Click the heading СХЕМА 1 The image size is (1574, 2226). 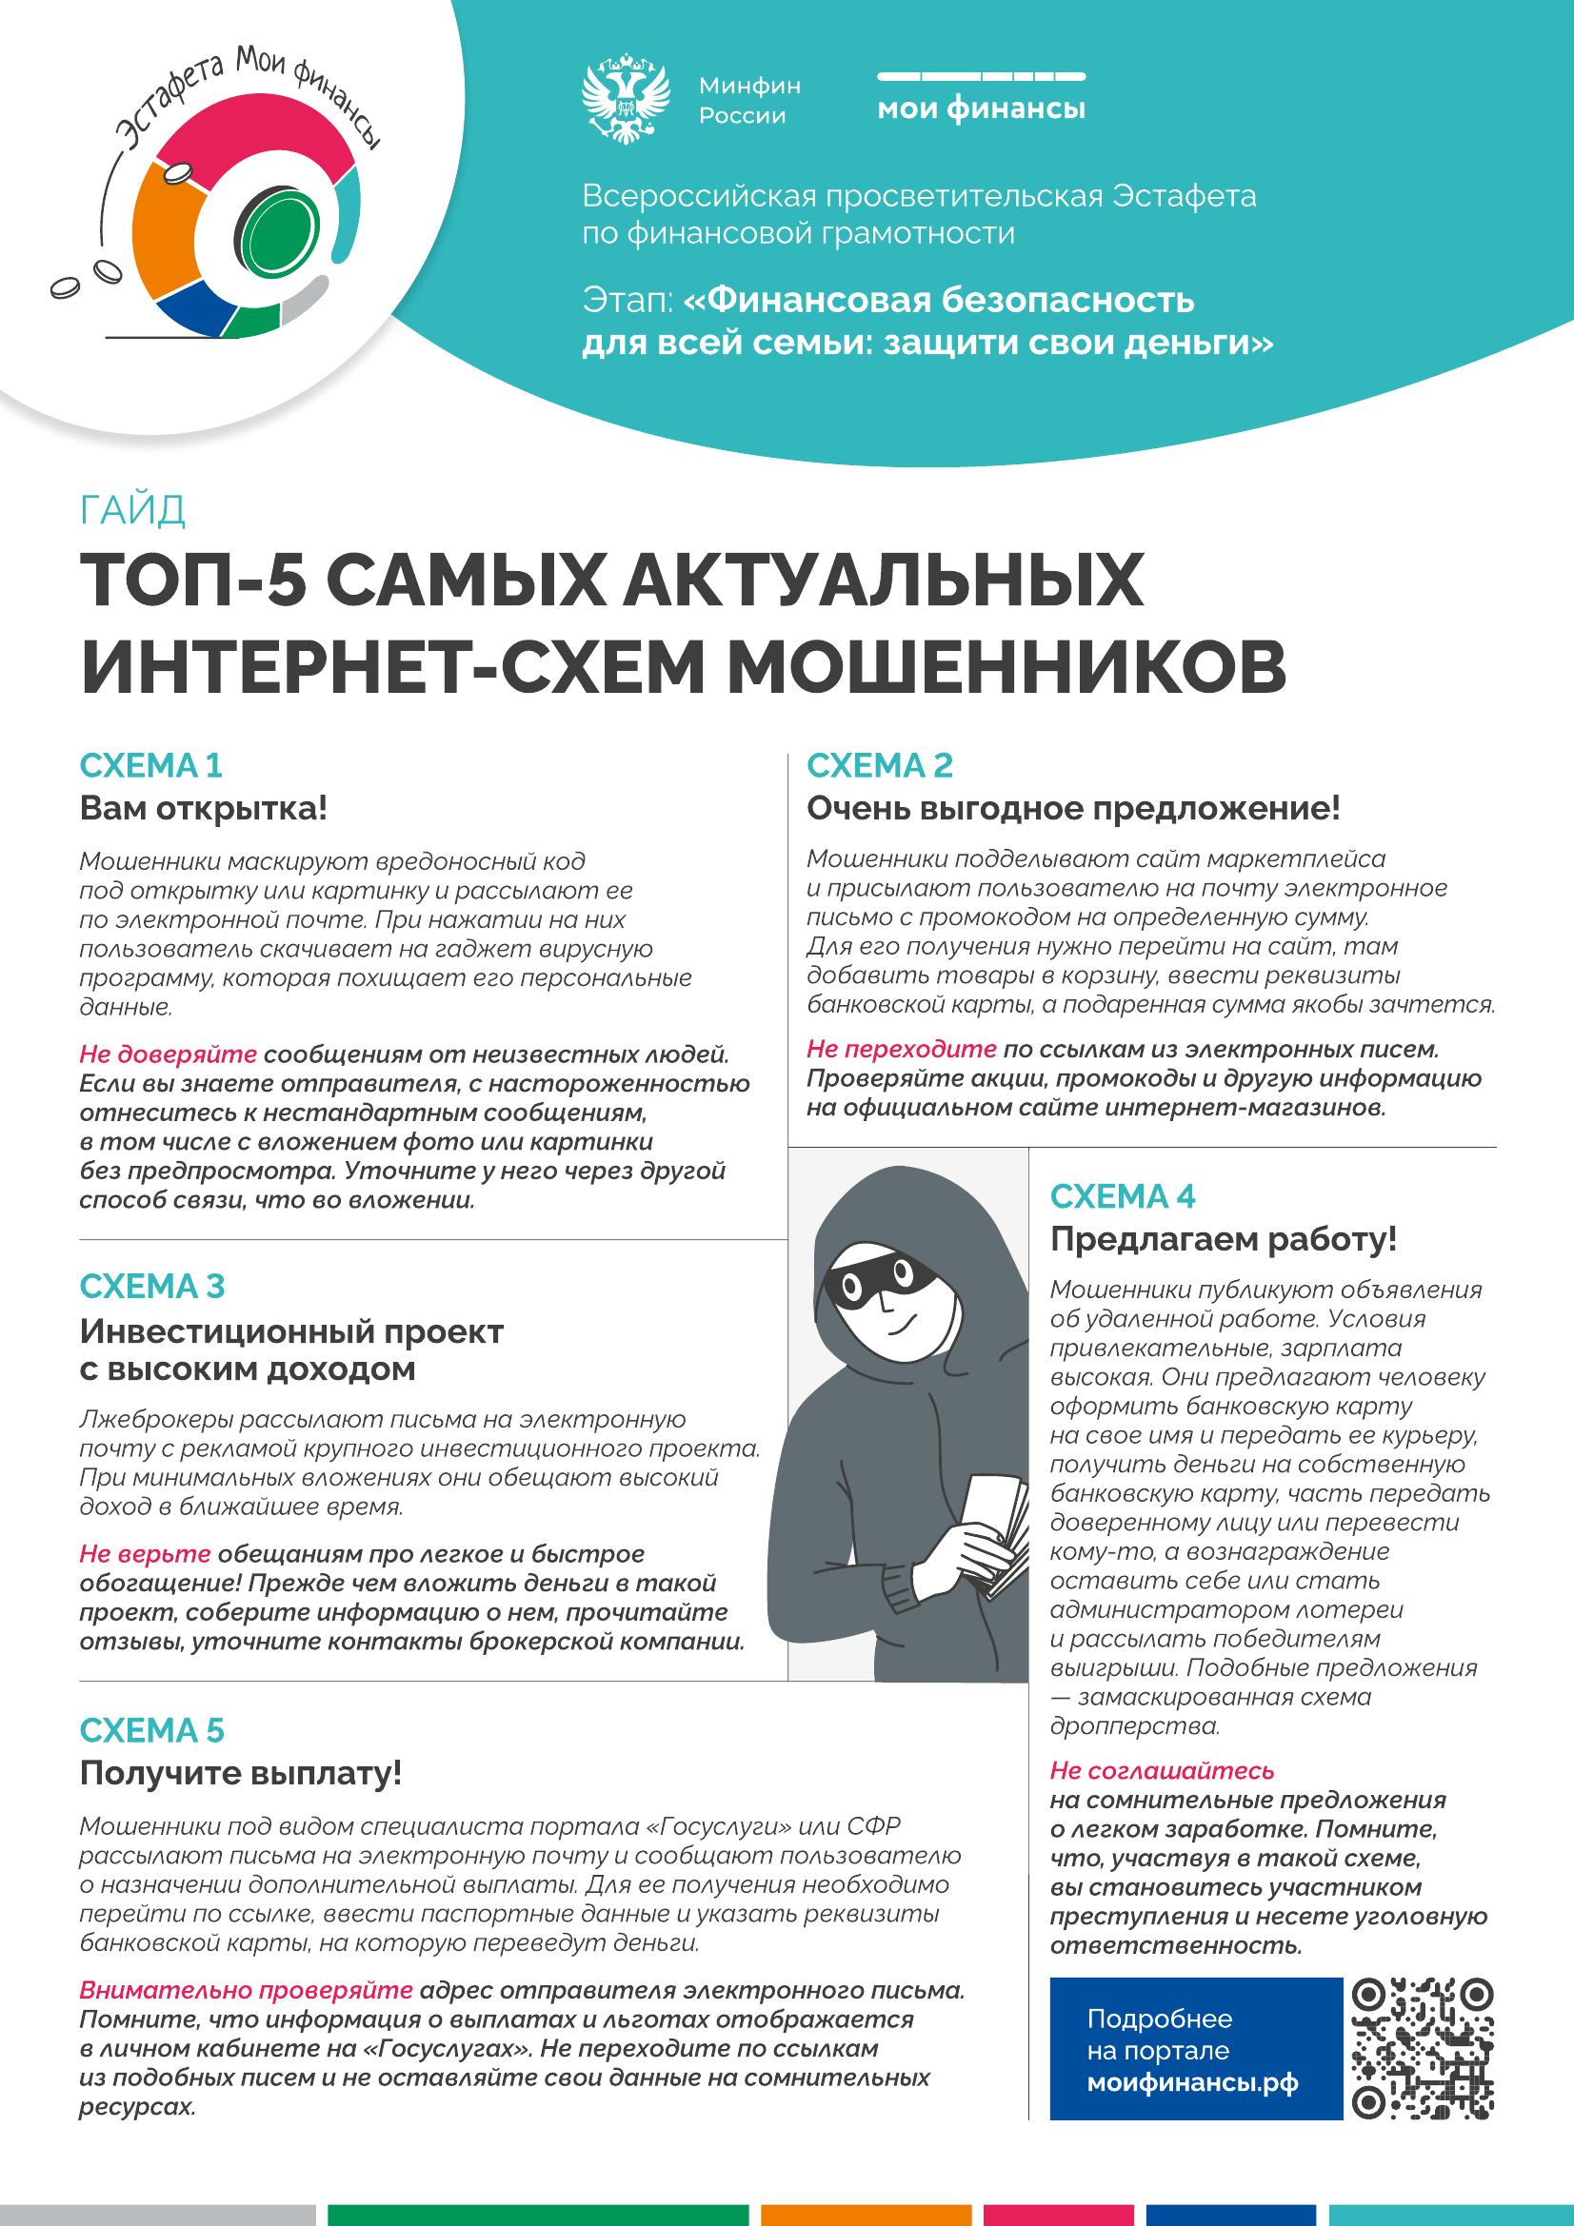[150, 766]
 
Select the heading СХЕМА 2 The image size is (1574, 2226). [880, 766]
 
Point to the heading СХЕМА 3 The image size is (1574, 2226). [151, 1287]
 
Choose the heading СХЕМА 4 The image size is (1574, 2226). [1122, 1196]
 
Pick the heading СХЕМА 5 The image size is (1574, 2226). [151, 1730]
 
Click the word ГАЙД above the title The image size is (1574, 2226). [132, 510]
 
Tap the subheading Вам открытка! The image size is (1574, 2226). [204, 809]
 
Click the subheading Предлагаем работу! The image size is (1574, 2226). [1223, 1240]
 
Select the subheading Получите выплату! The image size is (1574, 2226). [241, 1773]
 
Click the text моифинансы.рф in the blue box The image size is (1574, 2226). [1192, 2082]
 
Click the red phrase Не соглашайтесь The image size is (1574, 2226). [1162, 1771]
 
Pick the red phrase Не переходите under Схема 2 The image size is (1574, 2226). [901, 1049]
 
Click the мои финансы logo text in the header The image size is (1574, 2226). [981, 108]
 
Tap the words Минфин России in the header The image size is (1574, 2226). [749, 101]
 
